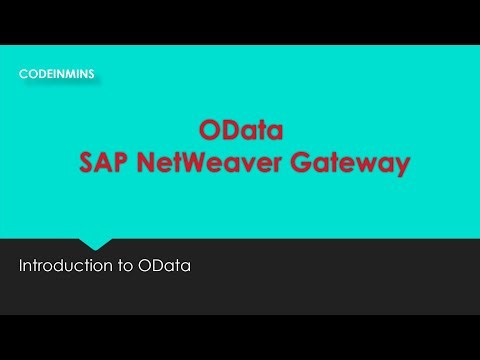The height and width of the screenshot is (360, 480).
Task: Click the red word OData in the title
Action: point(240,131)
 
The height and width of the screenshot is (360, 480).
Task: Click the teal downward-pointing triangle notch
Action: point(94,243)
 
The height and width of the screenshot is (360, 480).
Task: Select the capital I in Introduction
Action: point(21,267)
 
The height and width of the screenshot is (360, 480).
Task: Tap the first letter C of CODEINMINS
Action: point(23,73)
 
